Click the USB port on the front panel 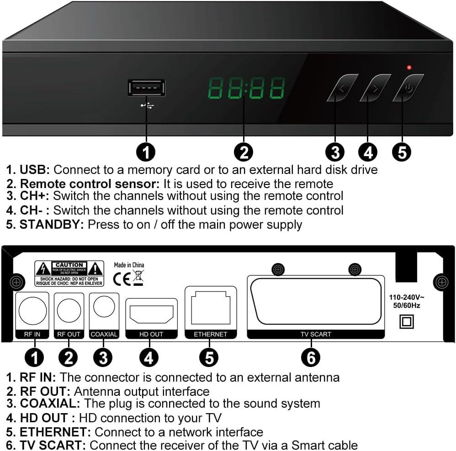click(146, 88)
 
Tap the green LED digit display click(246, 88)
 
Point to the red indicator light click(409, 68)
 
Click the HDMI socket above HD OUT click(151, 314)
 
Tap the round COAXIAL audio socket click(104, 307)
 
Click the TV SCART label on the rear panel click(316, 334)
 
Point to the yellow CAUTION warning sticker click(69, 273)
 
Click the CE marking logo click(122, 278)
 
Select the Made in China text click(129, 265)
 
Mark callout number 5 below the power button click(402, 152)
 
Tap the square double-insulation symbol click(406, 321)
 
